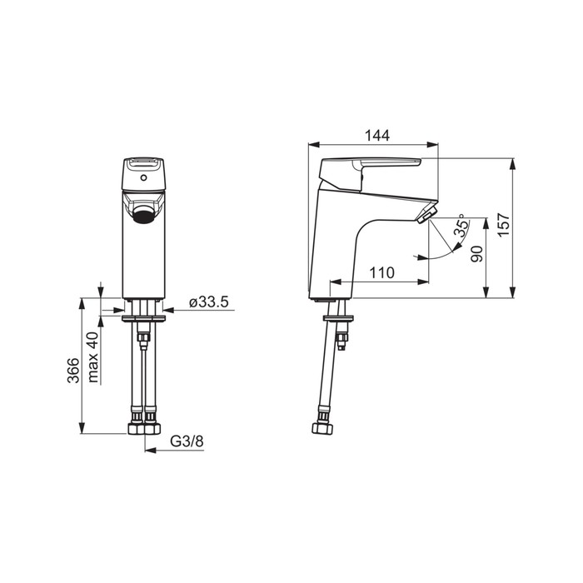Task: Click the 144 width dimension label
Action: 377,135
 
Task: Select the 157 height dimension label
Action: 503,225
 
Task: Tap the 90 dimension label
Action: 476,254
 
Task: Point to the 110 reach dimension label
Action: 381,272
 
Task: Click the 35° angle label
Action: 461,226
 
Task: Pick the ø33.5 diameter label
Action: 208,301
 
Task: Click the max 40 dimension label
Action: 93,357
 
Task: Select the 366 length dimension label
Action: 73,371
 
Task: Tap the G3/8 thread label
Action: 187,441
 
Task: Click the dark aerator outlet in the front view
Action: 143,216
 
